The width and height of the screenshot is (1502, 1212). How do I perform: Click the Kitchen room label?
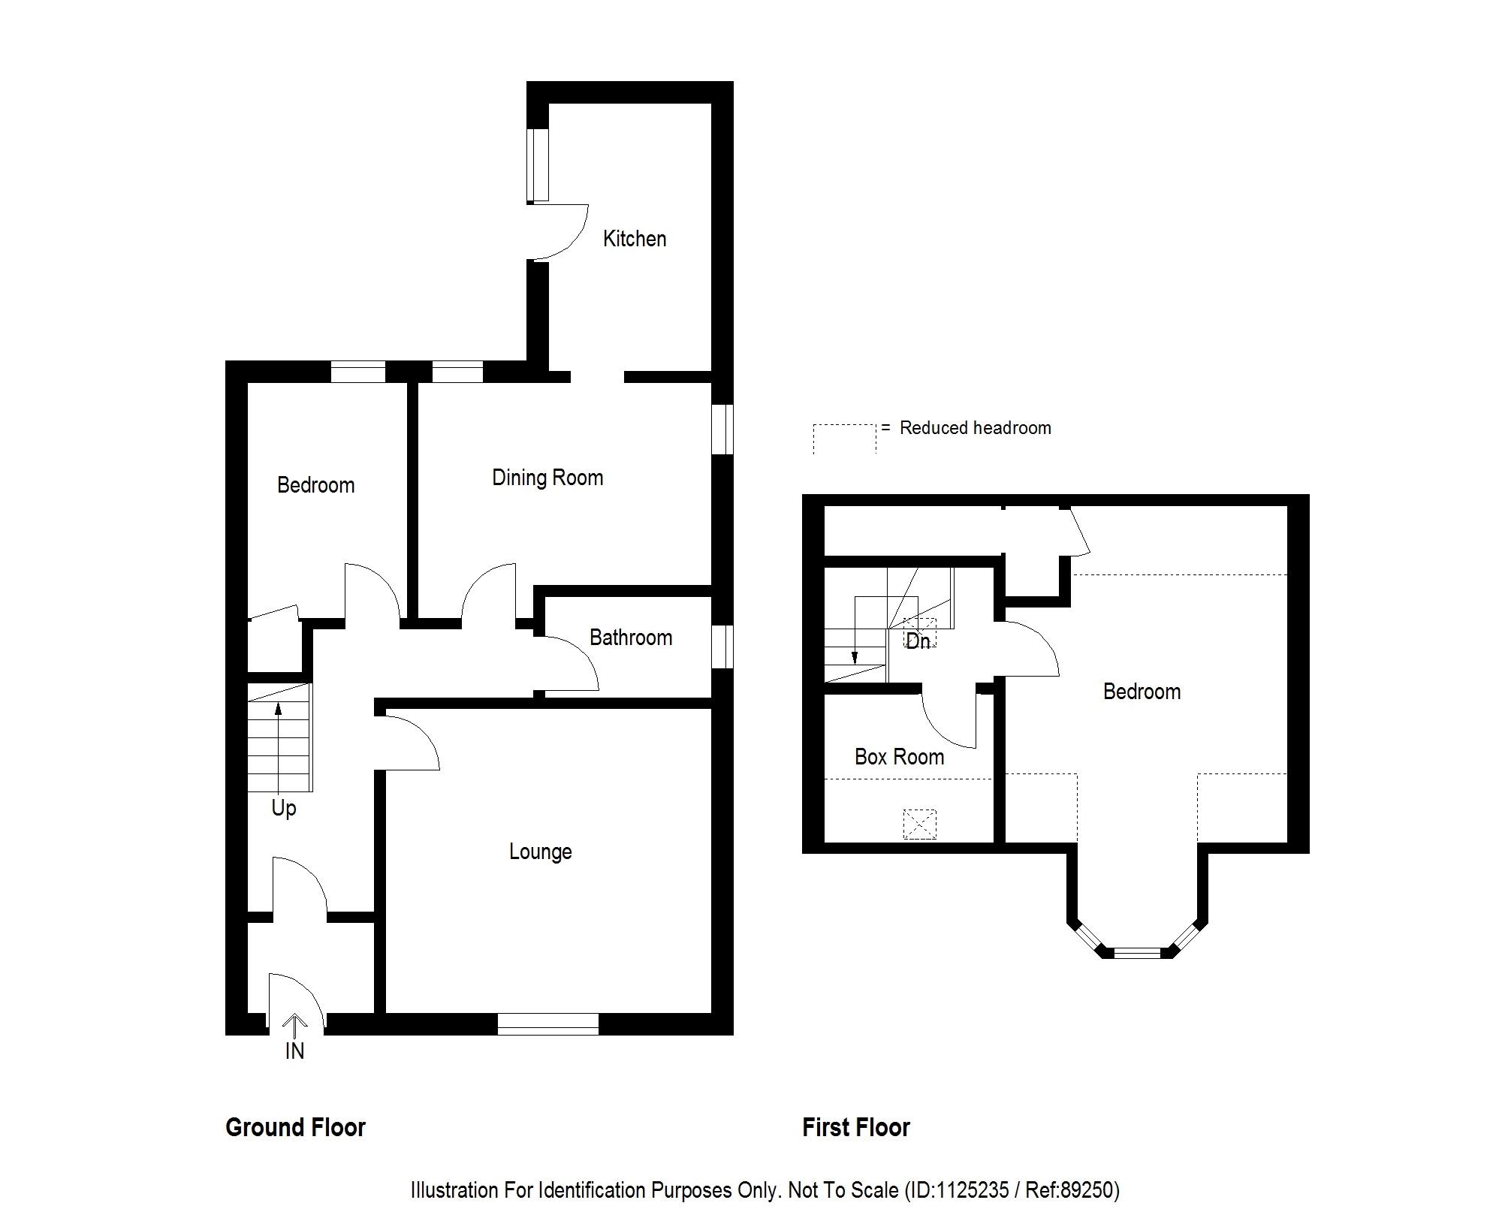click(635, 239)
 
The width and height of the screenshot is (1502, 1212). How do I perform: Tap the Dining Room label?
click(547, 478)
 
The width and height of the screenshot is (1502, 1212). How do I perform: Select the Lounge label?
click(541, 852)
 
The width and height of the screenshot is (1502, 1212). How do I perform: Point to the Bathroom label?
click(631, 638)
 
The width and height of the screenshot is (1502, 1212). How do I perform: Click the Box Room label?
click(899, 757)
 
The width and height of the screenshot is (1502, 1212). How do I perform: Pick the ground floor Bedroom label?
click(315, 485)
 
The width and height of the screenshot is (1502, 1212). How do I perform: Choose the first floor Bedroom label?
click(1142, 692)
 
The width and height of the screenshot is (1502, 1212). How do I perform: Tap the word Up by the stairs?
click(284, 808)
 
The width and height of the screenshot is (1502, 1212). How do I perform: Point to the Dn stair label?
click(918, 641)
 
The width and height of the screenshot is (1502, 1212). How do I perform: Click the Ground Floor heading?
click(295, 1127)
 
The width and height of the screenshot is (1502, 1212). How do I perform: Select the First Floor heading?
click(855, 1127)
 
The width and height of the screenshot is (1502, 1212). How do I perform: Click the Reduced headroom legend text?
click(975, 428)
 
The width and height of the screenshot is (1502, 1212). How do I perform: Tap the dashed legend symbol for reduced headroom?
click(845, 438)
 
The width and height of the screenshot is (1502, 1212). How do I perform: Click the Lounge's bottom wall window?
click(547, 1024)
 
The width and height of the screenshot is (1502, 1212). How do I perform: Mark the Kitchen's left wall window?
click(537, 165)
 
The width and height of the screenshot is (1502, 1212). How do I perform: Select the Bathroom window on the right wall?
click(722, 647)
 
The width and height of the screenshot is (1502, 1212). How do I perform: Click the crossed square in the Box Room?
click(920, 824)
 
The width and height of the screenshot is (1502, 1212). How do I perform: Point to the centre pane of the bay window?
click(1137, 953)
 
